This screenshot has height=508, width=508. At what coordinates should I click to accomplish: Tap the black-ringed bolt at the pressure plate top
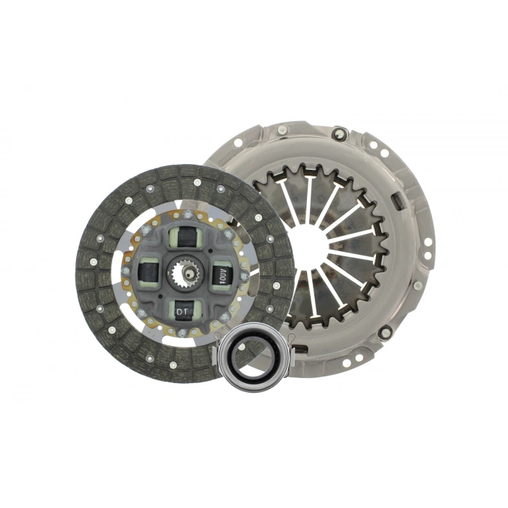[x=338, y=134]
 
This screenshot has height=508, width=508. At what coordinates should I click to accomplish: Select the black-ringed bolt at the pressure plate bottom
[x=385, y=332]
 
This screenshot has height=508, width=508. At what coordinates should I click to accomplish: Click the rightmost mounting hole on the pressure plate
[x=427, y=241]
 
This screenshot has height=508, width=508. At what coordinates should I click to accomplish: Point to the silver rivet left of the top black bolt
[x=283, y=131]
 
